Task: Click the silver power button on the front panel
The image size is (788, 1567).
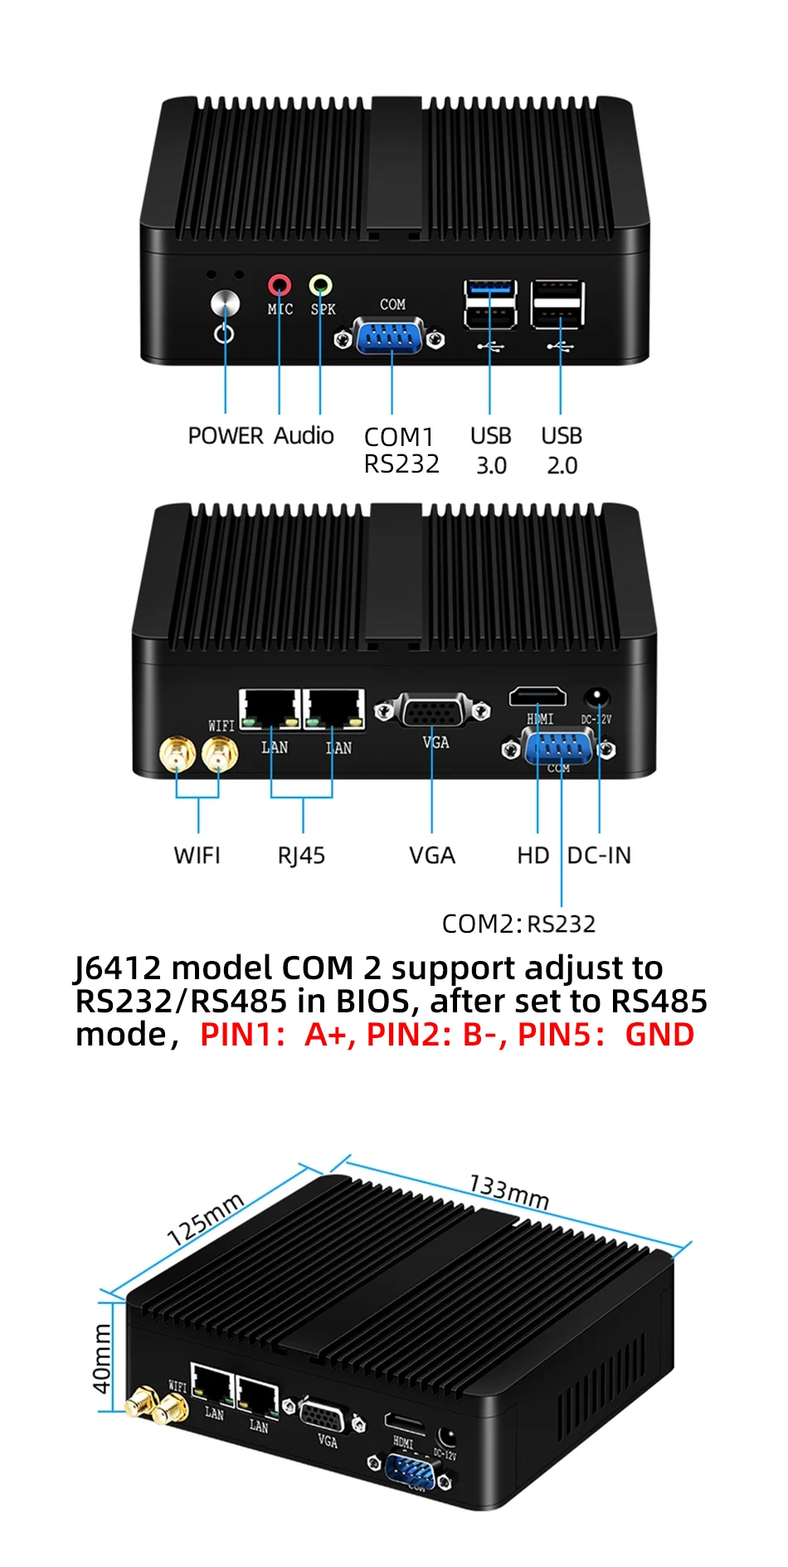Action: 225,303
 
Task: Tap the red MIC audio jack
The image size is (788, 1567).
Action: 280,286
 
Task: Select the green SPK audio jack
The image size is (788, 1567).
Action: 320,286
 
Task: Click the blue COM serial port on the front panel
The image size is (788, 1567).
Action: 391,338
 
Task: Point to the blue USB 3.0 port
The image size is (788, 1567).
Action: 490,289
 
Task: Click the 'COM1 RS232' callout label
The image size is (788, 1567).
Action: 401,450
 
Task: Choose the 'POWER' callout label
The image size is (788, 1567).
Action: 226,436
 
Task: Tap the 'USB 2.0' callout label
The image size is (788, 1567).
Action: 562,450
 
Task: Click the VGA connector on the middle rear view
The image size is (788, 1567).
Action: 432,711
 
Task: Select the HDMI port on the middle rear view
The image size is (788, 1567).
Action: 537,696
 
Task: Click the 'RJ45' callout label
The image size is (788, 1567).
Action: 301,856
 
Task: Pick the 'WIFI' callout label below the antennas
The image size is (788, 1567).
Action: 197,856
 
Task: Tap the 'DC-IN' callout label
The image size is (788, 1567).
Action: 599,856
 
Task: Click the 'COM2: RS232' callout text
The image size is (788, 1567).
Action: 518,924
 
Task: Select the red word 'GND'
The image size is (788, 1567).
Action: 659,1035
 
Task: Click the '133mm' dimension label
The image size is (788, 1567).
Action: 508,1191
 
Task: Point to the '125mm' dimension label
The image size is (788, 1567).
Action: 206,1218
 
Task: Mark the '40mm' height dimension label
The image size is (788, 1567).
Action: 102,1358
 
